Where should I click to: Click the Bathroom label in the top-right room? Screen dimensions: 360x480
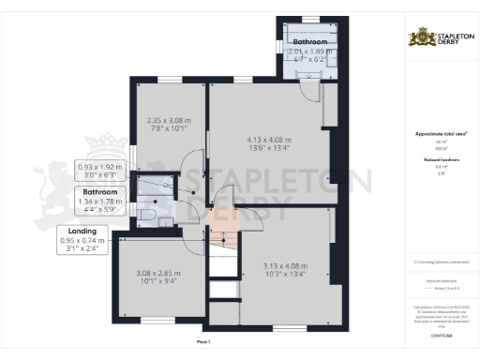point(309,43)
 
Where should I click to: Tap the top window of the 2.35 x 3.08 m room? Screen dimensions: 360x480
point(170,79)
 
